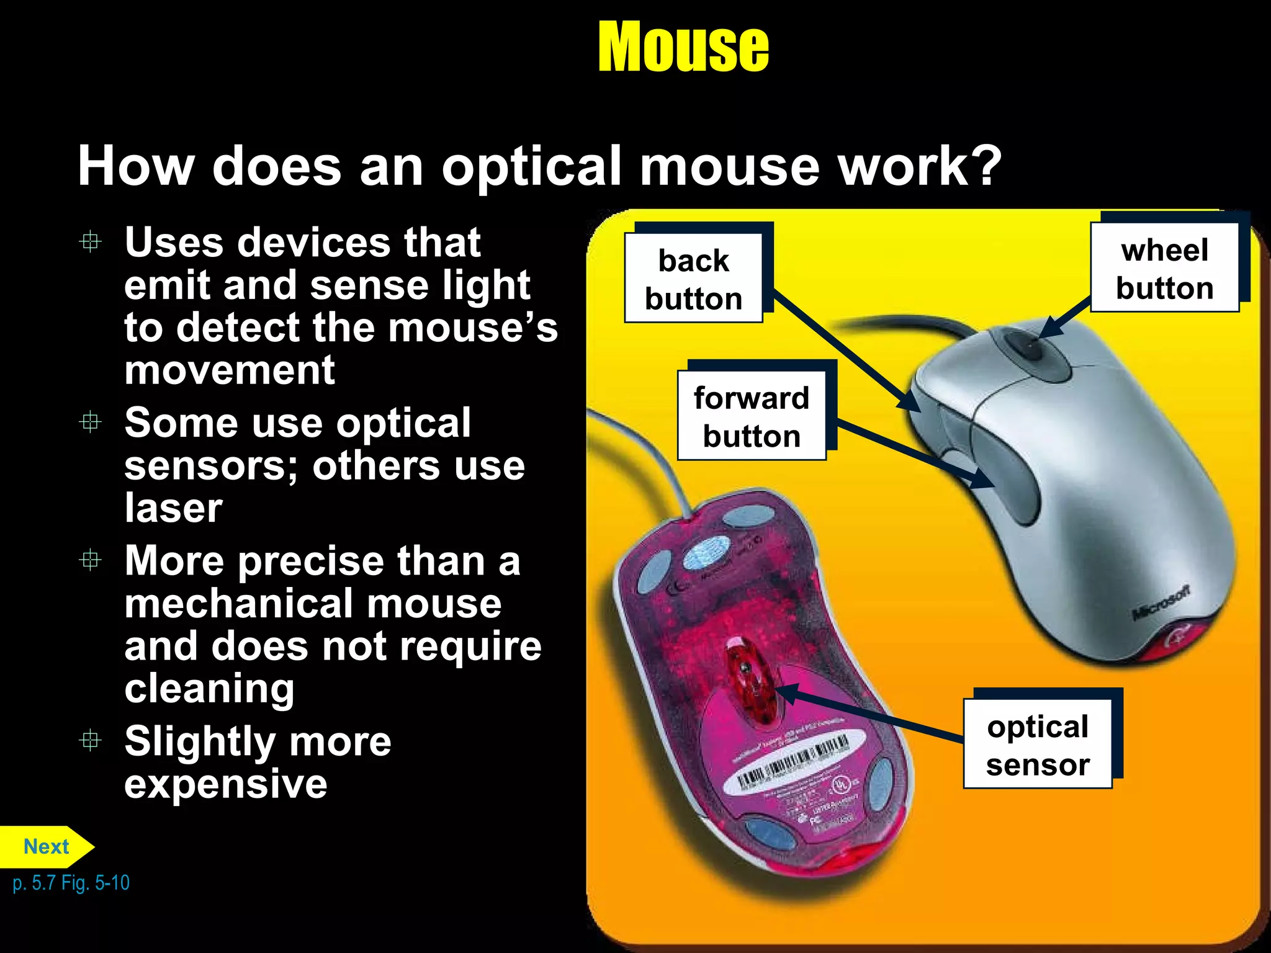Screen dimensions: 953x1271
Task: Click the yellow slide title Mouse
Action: [683, 47]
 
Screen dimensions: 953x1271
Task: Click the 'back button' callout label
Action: [693, 279]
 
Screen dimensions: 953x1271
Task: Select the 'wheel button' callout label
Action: [1164, 269]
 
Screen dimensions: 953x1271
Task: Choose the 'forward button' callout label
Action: [752, 416]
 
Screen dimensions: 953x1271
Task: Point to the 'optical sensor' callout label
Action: [1038, 745]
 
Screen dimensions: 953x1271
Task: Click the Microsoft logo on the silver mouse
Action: [1161, 602]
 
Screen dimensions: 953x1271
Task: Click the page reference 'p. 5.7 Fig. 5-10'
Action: [71, 882]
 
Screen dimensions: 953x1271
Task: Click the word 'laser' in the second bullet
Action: [173, 508]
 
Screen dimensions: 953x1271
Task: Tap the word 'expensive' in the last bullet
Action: [226, 784]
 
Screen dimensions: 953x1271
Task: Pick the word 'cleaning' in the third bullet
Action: [209, 688]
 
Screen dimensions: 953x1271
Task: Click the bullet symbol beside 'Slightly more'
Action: [91, 740]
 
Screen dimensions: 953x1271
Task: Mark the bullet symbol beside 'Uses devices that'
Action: [91, 241]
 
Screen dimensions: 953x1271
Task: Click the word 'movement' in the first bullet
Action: [230, 370]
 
